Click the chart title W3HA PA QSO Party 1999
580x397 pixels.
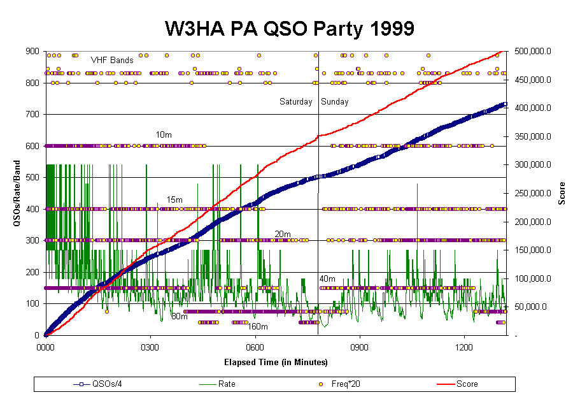click(x=289, y=29)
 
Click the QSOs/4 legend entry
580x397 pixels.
click(x=97, y=384)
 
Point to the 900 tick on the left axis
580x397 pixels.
click(x=32, y=51)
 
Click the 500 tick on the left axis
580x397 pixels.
click(x=32, y=177)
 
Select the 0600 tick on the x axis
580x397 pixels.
click(x=255, y=347)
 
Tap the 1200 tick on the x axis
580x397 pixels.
click(x=464, y=347)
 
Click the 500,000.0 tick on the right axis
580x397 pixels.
click(x=533, y=51)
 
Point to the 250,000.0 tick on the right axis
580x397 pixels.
click(x=533, y=193)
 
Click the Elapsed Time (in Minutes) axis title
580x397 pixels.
click(x=276, y=362)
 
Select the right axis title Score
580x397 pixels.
click(x=562, y=193)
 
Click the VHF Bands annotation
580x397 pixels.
click(x=112, y=60)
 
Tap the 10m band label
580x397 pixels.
click(x=164, y=135)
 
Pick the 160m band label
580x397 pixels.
click(x=257, y=327)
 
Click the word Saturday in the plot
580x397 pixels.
click(x=296, y=101)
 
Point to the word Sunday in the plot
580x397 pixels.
click(x=335, y=101)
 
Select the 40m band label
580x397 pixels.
click(x=327, y=278)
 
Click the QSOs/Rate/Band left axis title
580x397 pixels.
click(x=17, y=193)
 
